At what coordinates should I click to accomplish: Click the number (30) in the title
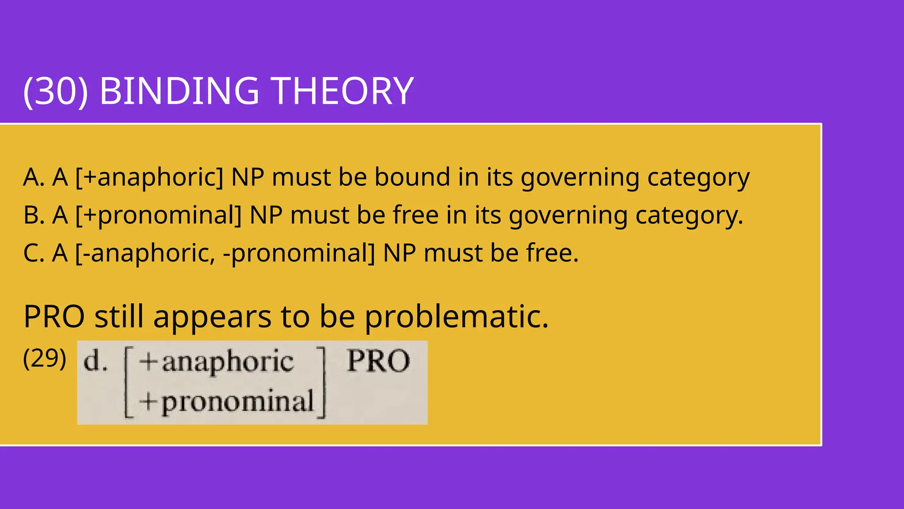56,91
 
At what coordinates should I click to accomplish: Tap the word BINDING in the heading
179,91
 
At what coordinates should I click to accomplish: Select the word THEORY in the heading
343,91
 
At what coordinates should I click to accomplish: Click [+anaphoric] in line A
149,178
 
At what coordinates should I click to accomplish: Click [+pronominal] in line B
158,216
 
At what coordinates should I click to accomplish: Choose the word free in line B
415,216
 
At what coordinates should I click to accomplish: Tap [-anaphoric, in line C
145,254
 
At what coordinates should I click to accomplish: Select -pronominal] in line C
299,254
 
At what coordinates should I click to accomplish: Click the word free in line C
551,254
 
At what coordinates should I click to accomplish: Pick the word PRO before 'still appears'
54,317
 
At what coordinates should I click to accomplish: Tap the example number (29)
45,358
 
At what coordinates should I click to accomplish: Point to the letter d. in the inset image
95,361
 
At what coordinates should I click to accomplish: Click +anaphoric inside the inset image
216,362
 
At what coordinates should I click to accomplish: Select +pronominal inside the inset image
226,402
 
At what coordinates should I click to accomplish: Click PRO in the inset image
378,361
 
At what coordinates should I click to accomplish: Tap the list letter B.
34,216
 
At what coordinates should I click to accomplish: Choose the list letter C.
34,254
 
